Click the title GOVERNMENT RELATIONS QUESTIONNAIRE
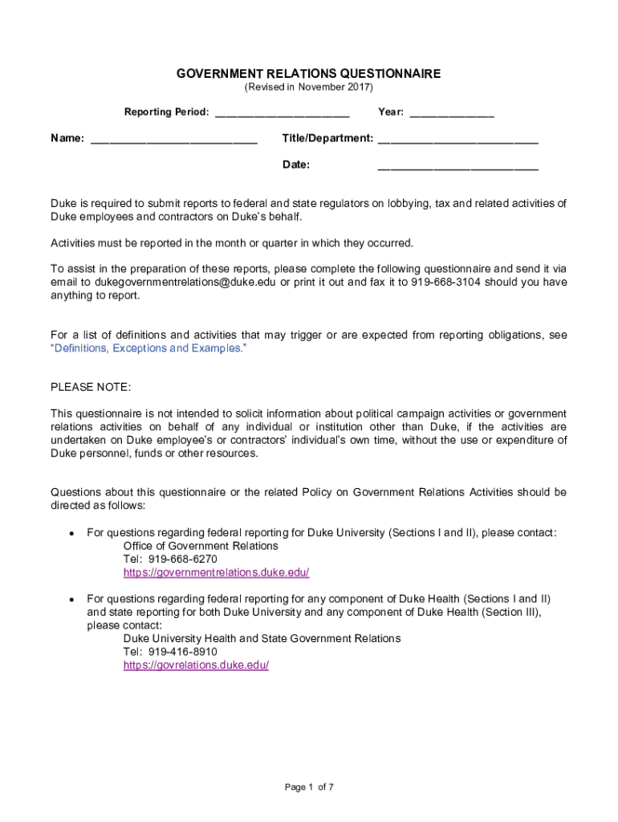pyautogui.click(x=308, y=74)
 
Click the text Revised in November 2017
pyautogui.click(x=308, y=87)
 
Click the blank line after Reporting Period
pyautogui.click(x=282, y=113)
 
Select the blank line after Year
pyautogui.click(x=451, y=113)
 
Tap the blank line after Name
pyautogui.click(x=174, y=140)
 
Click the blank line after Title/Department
pyautogui.click(x=457, y=140)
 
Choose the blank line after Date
pyautogui.click(x=457, y=166)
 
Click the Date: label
pyautogui.click(x=296, y=165)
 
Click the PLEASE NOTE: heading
pyautogui.click(x=90, y=387)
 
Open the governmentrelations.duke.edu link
pyautogui.click(x=216, y=572)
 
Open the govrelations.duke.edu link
pyautogui.click(x=196, y=665)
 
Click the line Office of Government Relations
pyautogui.click(x=201, y=546)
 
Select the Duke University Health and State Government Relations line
pyautogui.click(x=262, y=639)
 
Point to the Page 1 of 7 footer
pyautogui.click(x=309, y=787)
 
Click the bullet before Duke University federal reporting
pyautogui.click(x=71, y=533)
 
